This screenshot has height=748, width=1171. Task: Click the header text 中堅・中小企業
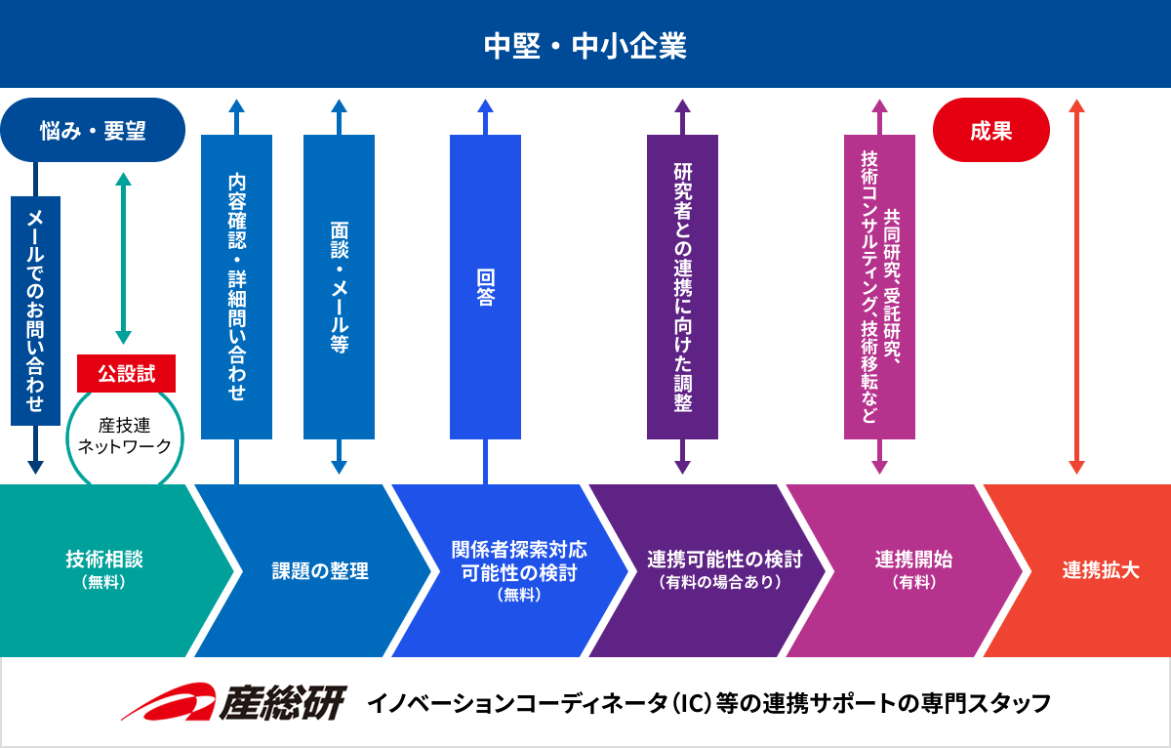pos(585,46)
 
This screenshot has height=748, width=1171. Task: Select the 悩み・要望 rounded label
pos(93,130)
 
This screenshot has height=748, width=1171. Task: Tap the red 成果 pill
pos(991,130)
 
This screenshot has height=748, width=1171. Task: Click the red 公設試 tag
pos(126,373)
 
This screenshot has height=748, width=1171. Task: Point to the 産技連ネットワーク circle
pos(124,436)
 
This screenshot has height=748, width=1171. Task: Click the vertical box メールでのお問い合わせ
pos(35,311)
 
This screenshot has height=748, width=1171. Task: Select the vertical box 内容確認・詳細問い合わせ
pos(236,287)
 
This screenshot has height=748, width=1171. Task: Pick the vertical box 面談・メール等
pos(340,287)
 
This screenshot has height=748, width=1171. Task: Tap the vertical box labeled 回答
pos(485,287)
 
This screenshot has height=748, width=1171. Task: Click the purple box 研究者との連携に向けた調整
pos(682,287)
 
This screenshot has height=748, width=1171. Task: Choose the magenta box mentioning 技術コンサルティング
pos(879,287)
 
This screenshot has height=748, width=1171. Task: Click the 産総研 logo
pos(234,703)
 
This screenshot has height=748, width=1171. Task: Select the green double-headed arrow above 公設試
pos(123,258)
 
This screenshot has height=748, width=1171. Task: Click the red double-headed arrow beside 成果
pos(1076,287)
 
